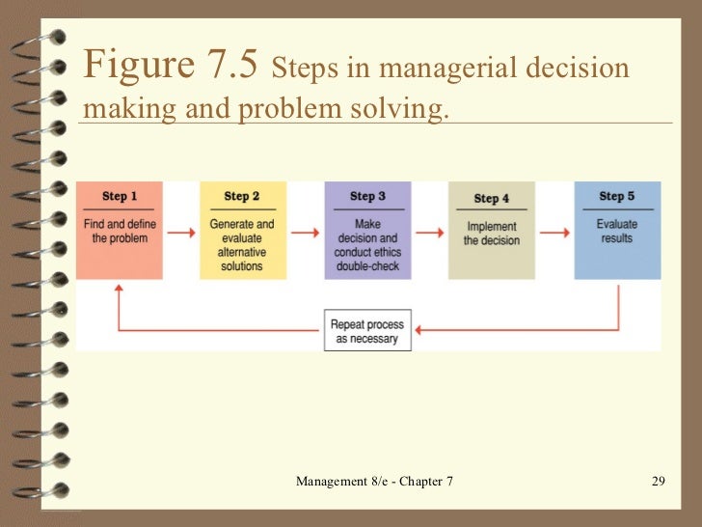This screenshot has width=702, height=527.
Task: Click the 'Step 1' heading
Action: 120,196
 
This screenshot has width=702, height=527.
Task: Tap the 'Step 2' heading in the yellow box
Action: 242,196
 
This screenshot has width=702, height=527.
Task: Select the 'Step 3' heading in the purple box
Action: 367,196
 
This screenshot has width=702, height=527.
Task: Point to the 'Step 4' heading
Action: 492,198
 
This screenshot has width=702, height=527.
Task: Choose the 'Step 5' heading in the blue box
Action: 616,196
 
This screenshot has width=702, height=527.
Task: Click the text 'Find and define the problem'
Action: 120,232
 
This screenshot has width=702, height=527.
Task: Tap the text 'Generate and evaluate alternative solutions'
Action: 242,245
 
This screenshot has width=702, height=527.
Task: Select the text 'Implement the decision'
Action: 492,234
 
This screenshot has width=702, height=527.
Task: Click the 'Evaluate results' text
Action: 616,232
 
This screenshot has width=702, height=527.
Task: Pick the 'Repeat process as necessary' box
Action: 367,332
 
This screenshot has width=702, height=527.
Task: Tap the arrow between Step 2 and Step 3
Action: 305,232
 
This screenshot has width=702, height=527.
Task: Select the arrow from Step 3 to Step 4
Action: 429,232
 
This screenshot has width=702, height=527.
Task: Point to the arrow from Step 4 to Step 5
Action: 554,232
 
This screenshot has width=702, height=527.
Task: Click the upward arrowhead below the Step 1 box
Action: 119,287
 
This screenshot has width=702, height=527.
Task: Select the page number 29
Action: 659,481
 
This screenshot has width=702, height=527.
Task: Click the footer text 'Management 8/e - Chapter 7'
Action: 374,481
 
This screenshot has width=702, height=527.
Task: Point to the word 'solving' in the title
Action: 404,110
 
